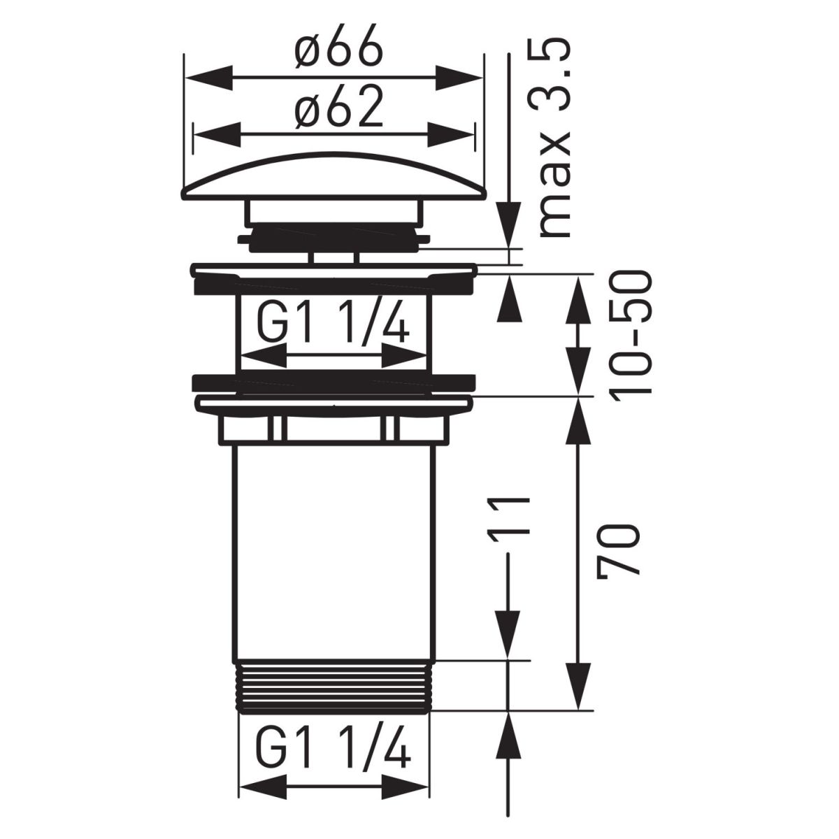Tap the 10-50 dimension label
click(631, 333)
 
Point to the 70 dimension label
click(617, 550)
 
